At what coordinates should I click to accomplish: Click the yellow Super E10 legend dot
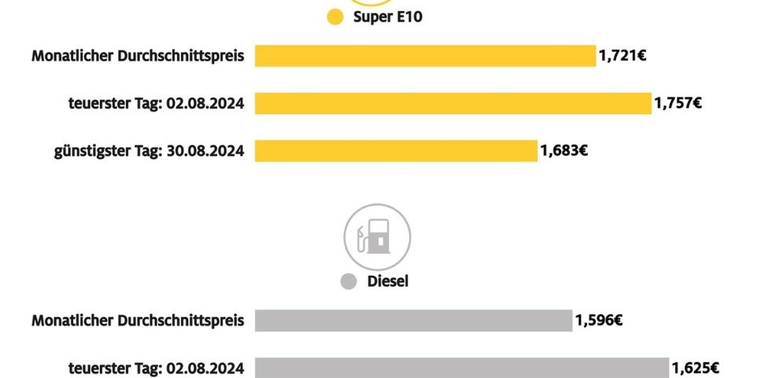coord(335,17)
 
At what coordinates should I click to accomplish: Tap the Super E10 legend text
coord(388,17)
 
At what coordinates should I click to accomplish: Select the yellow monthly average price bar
coord(425,56)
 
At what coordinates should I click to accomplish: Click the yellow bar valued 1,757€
coord(452,103)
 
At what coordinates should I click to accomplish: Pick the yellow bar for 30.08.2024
coord(396,150)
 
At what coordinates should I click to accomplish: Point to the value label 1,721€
coord(622,56)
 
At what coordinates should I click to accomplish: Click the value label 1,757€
coord(678,103)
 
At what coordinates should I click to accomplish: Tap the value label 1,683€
coord(563,150)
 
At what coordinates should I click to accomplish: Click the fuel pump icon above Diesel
coord(377,237)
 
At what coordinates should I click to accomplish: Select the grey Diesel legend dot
coord(349,281)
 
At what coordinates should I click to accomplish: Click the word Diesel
coord(389,281)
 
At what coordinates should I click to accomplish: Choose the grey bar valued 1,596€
coord(413,321)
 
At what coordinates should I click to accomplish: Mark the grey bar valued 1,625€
coord(461,367)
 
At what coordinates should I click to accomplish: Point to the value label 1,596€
coord(599,321)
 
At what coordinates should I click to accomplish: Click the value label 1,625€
coord(695,367)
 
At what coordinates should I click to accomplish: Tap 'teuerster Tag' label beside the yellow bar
coord(157,103)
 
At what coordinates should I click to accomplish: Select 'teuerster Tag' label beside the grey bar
coord(157,367)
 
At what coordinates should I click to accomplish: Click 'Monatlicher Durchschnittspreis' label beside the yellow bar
coord(138,56)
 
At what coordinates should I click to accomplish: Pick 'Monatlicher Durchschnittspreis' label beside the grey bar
coord(138,321)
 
